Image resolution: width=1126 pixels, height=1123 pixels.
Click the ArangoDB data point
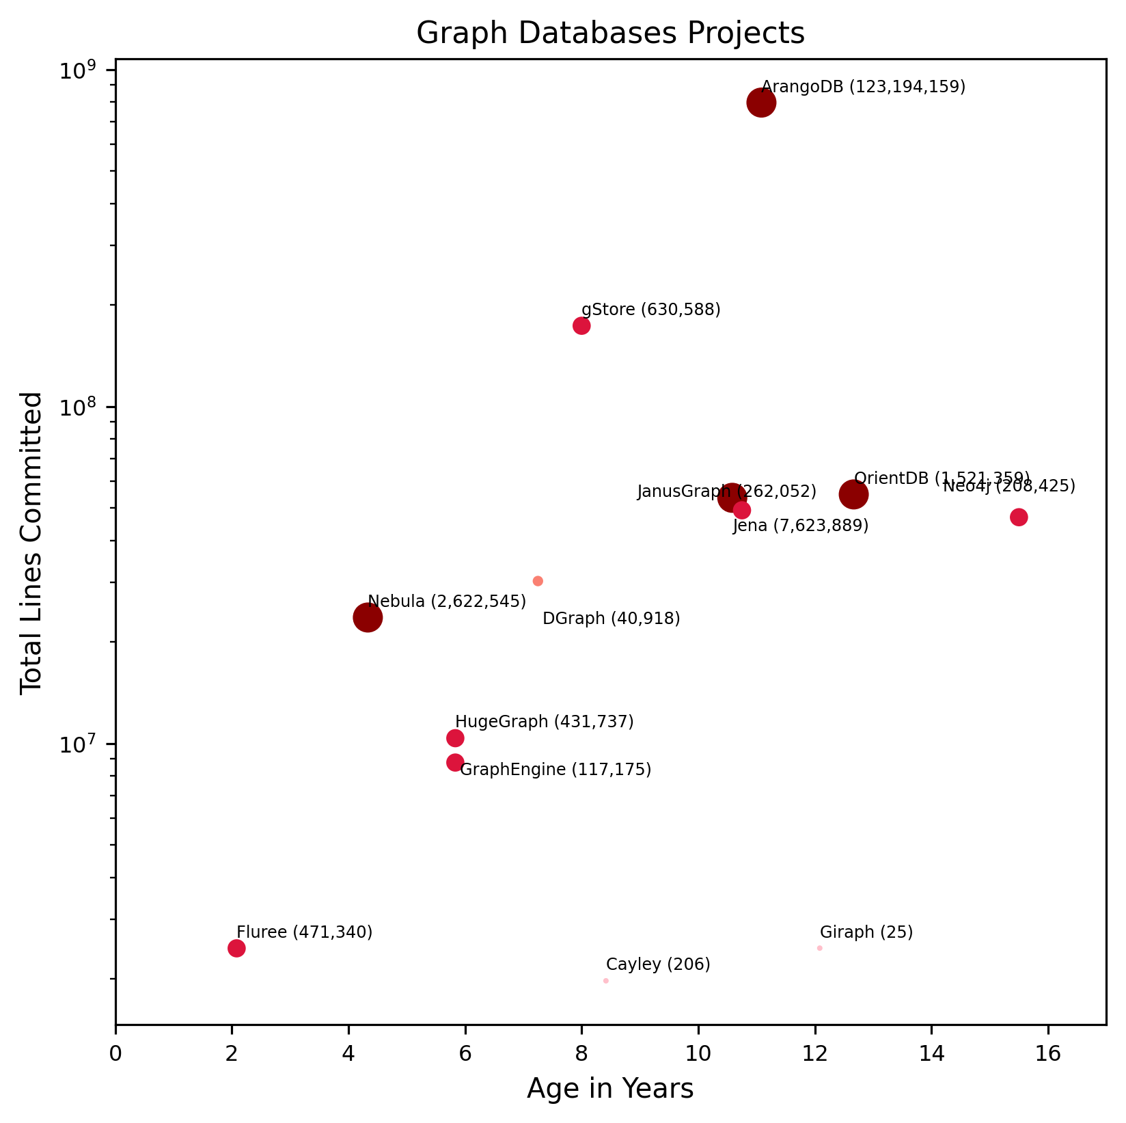tap(760, 103)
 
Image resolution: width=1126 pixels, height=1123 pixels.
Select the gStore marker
tap(581, 325)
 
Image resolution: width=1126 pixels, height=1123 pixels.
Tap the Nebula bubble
tap(368, 618)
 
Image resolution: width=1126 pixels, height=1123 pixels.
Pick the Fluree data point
tap(236, 948)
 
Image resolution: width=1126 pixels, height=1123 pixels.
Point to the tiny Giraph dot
tap(819, 948)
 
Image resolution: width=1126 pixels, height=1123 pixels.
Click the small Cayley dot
tap(606, 981)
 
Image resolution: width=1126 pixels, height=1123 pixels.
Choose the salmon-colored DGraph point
tap(538, 581)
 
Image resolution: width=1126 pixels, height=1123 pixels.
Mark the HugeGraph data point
tap(455, 738)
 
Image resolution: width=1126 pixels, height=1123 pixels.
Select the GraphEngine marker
tap(455, 762)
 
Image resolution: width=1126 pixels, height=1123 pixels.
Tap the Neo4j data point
tap(1019, 517)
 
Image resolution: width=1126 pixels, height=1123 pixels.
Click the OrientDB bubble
tap(853, 494)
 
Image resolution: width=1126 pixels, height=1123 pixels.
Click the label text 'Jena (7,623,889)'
tap(800, 526)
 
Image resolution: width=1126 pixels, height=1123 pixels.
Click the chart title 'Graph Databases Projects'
tap(610, 33)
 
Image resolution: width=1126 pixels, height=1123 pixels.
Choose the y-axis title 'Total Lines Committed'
tap(31, 543)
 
